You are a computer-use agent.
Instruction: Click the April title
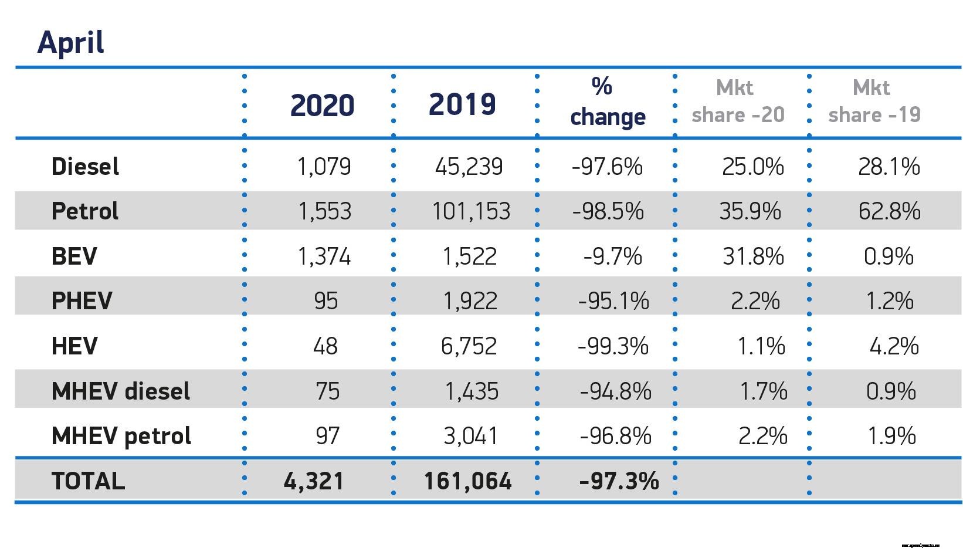point(71,42)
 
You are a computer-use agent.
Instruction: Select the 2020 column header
point(322,106)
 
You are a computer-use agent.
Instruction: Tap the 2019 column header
point(462,104)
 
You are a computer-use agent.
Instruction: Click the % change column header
point(607,102)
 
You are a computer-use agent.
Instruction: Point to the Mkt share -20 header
point(738,102)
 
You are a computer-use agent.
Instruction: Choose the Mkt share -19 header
point(874,102)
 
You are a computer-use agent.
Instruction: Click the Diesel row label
point(85,167)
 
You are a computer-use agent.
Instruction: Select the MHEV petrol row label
point(121,436)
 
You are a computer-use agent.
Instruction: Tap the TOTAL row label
point(88,481)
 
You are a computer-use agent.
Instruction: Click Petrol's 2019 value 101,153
point(471,211)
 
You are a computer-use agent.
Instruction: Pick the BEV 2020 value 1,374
point(324,256)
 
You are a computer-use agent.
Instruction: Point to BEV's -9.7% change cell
point(612,256)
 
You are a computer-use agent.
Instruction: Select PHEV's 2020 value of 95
point(325,301)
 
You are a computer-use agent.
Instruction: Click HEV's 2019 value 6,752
point(469,346)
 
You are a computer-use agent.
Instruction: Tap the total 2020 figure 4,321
point(313,481)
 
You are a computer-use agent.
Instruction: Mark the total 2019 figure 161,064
point(467,481)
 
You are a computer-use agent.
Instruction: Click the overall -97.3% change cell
point(619,481)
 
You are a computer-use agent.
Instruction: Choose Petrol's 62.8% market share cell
point(889,211)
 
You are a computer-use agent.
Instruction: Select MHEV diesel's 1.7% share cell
point(763,391)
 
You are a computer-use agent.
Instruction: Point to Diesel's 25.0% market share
point(752,167)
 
